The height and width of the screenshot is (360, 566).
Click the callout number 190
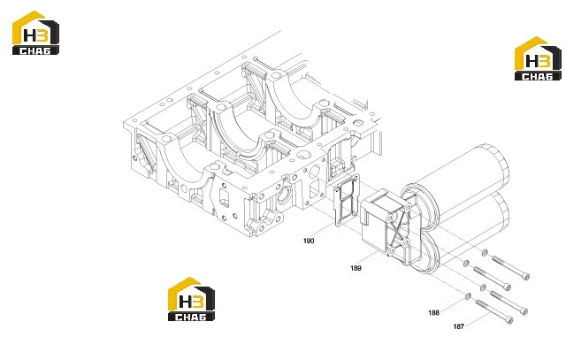309,241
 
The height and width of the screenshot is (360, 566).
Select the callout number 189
356,268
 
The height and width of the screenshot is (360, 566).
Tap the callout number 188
433,313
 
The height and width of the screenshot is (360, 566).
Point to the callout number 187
458,326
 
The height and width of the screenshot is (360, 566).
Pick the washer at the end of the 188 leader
468,296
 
